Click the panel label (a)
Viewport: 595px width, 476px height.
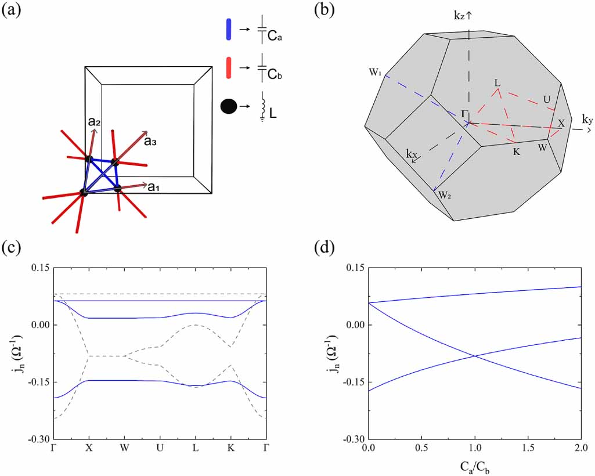pyautogui.click(x=13, y=10)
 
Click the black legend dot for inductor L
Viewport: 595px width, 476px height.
pyautogui.click(x=229, y=107)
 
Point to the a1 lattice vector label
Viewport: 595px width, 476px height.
pyautogui.click(x=154, y=187)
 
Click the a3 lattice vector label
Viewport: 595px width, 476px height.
pyautogui.click(x=151, y=140)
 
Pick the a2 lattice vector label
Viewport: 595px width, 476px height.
pyautogui.click(x=95, y=122)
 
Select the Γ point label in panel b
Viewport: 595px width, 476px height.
pyautogui.click(x=464, y=113)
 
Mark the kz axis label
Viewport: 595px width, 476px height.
pyautogui.click(x=464, y=16)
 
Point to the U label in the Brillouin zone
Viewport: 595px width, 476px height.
pyautogui.click(x=547, y=100)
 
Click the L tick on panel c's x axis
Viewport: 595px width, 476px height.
pyautogui.click(x=195, y=449)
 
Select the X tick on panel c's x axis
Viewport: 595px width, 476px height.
pyautogui.click(x=89, y=449)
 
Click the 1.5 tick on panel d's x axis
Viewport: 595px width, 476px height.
pyautogui.click(x=528, y=449)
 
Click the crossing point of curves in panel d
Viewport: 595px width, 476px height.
pyautogui.click(x=475, y=356)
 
